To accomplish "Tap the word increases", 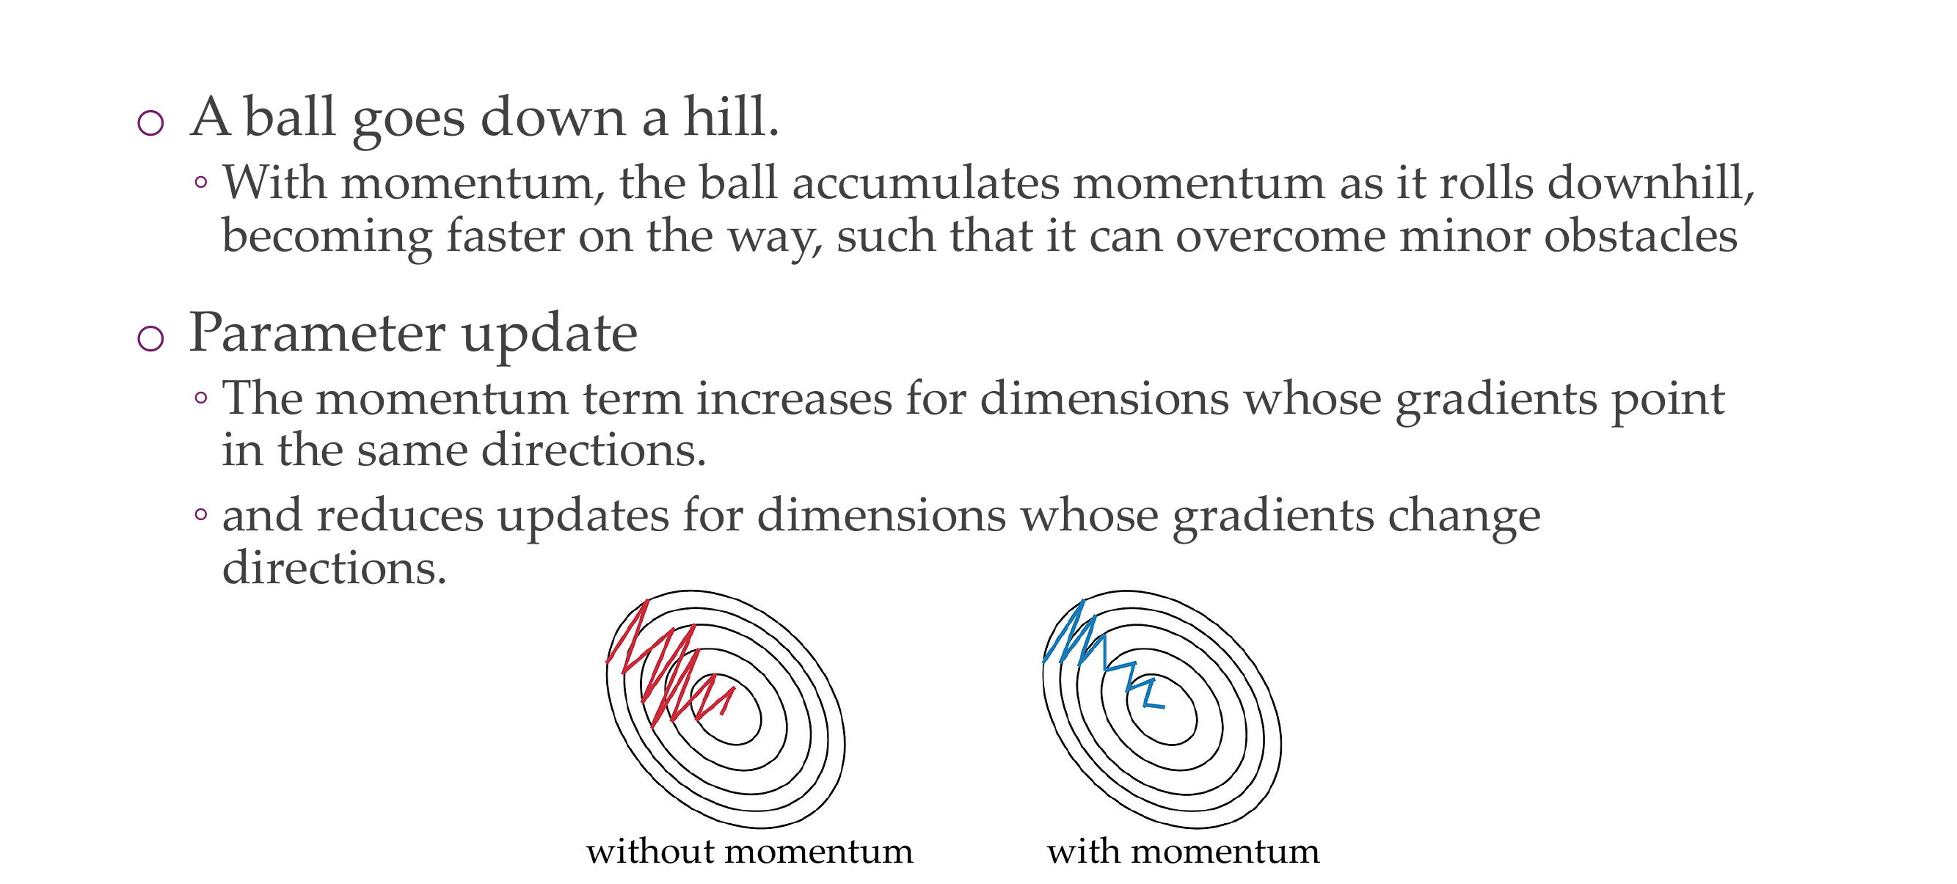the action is coord(794,398).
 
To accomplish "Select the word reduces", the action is coord(400,515).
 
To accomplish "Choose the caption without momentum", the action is coord(750,851).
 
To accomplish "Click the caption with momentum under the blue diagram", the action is coord(1183,851).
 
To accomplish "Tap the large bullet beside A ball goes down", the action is coord(150,123).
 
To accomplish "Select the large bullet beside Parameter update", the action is coord(150,338).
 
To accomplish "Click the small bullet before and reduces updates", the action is coord(200,514).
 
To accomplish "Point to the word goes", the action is coord(409,122).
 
